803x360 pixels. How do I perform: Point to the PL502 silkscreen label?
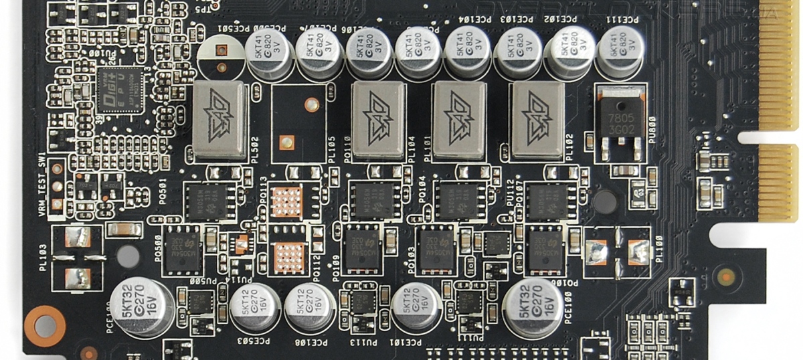[x=257, y=147]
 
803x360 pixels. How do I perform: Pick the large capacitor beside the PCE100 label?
[x=533, y=307]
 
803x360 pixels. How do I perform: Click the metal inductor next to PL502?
[x=219, y=120]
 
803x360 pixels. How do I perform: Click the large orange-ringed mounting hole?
[x=45, y=326]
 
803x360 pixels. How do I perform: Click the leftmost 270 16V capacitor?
[x=141, y=307]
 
